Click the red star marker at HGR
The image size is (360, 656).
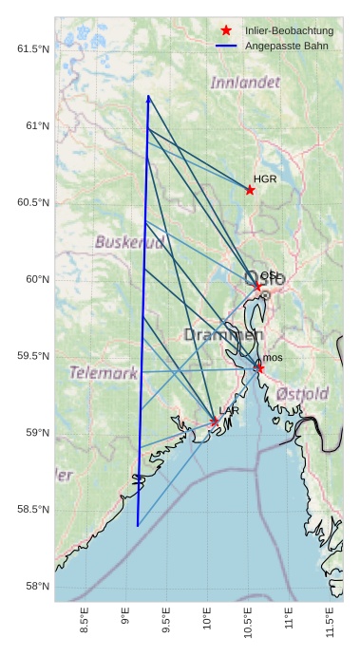click(250, 190)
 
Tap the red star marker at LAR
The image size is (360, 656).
click(215, 422)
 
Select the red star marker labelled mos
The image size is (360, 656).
click(259, 367)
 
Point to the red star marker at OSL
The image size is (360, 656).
click(257, 286)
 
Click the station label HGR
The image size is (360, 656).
click(265, 178)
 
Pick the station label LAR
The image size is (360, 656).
click(229, 410)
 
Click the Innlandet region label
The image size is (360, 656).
click(246, 83)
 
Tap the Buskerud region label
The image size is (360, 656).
click(129, 242)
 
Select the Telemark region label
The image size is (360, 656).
click(104, 373)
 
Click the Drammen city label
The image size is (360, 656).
click(223, 335)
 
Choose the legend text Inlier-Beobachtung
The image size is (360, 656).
click(282, 31)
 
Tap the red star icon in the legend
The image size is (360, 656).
click(226, 31)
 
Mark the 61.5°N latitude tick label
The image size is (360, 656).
click(33, 48)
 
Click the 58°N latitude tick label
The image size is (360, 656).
click(37, 587)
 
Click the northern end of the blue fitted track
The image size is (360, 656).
click(148, 96)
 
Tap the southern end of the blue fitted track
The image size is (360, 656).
click(138, 526)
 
